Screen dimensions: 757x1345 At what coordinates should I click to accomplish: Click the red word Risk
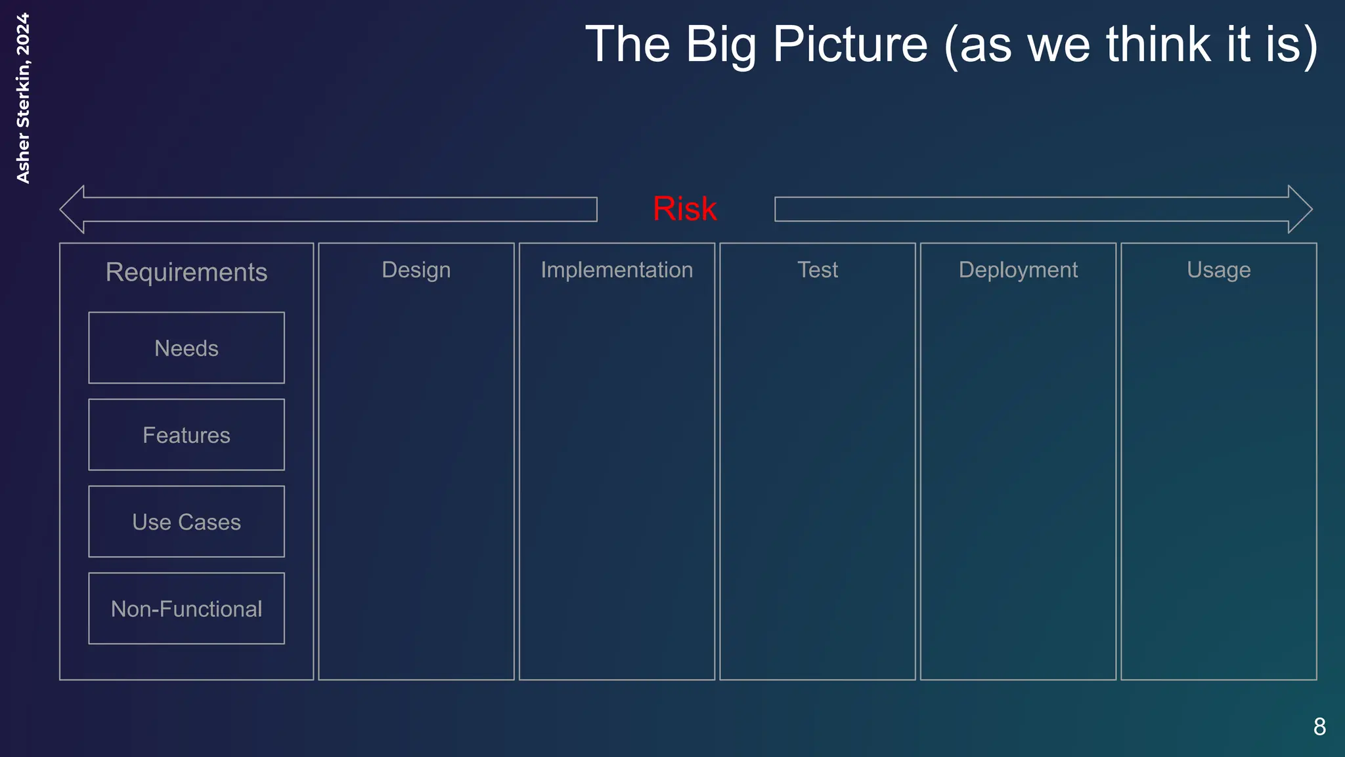tap(684, 209)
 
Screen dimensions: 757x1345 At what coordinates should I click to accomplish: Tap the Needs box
tap(187, 348)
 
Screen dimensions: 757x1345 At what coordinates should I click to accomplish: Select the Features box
tap(187, 435)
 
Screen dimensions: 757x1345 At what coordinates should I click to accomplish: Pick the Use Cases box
tap(187, 522)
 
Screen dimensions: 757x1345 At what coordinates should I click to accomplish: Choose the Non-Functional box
tap(187, 608)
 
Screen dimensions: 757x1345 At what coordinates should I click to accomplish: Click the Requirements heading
tap(187, 272)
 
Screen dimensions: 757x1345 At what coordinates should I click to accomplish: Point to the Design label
tap(416, 270)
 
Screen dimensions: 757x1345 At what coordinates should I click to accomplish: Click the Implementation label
tap(617, 270)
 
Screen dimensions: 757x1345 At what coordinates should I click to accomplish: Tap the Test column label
tap(818, 270)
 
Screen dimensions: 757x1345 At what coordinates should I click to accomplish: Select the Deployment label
tap(1018, 270)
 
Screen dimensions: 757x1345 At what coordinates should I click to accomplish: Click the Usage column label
tap(1219, 270)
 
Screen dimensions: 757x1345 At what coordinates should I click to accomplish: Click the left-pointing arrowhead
tap(73, 209)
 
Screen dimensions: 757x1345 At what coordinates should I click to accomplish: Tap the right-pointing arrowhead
tap(1300, 209)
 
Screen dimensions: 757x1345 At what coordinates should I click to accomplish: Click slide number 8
tap(1319, 727)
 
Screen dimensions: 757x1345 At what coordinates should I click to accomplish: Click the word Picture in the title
tap(850, 45)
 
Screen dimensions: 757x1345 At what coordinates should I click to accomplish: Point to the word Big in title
tap(720, 45)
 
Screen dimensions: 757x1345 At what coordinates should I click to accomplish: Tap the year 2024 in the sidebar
tap(23, 34)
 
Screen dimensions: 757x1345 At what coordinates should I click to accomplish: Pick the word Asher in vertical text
tap(23, 158)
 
